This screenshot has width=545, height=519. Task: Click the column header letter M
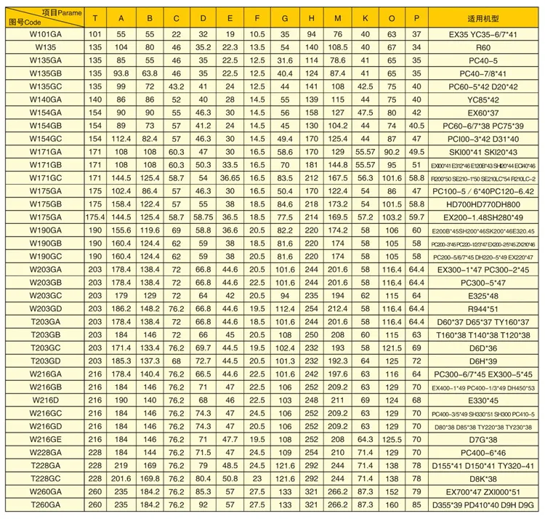337,17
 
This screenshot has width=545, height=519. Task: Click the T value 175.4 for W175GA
94,217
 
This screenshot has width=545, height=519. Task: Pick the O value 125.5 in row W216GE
392,440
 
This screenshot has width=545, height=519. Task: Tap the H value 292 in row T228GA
311,466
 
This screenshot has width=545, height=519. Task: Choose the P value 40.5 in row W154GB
416,125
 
